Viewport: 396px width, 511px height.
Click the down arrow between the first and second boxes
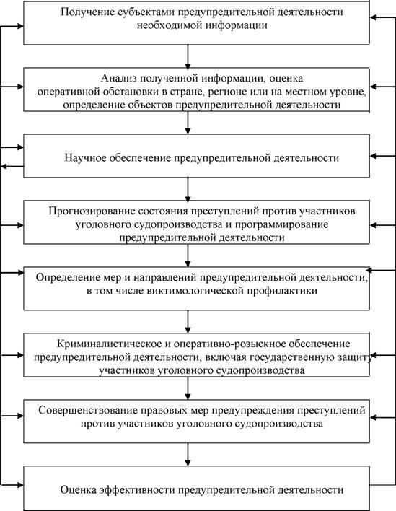tap(188, 56)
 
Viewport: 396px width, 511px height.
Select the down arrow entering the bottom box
tap(188, 454)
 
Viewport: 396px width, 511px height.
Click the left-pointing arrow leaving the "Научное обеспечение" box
tap(12, 167)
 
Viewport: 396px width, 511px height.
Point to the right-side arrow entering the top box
tap(382, 17)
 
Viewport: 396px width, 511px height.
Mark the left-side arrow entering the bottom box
tap(12, 485)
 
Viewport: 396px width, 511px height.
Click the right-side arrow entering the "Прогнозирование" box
tap(382, 225)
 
